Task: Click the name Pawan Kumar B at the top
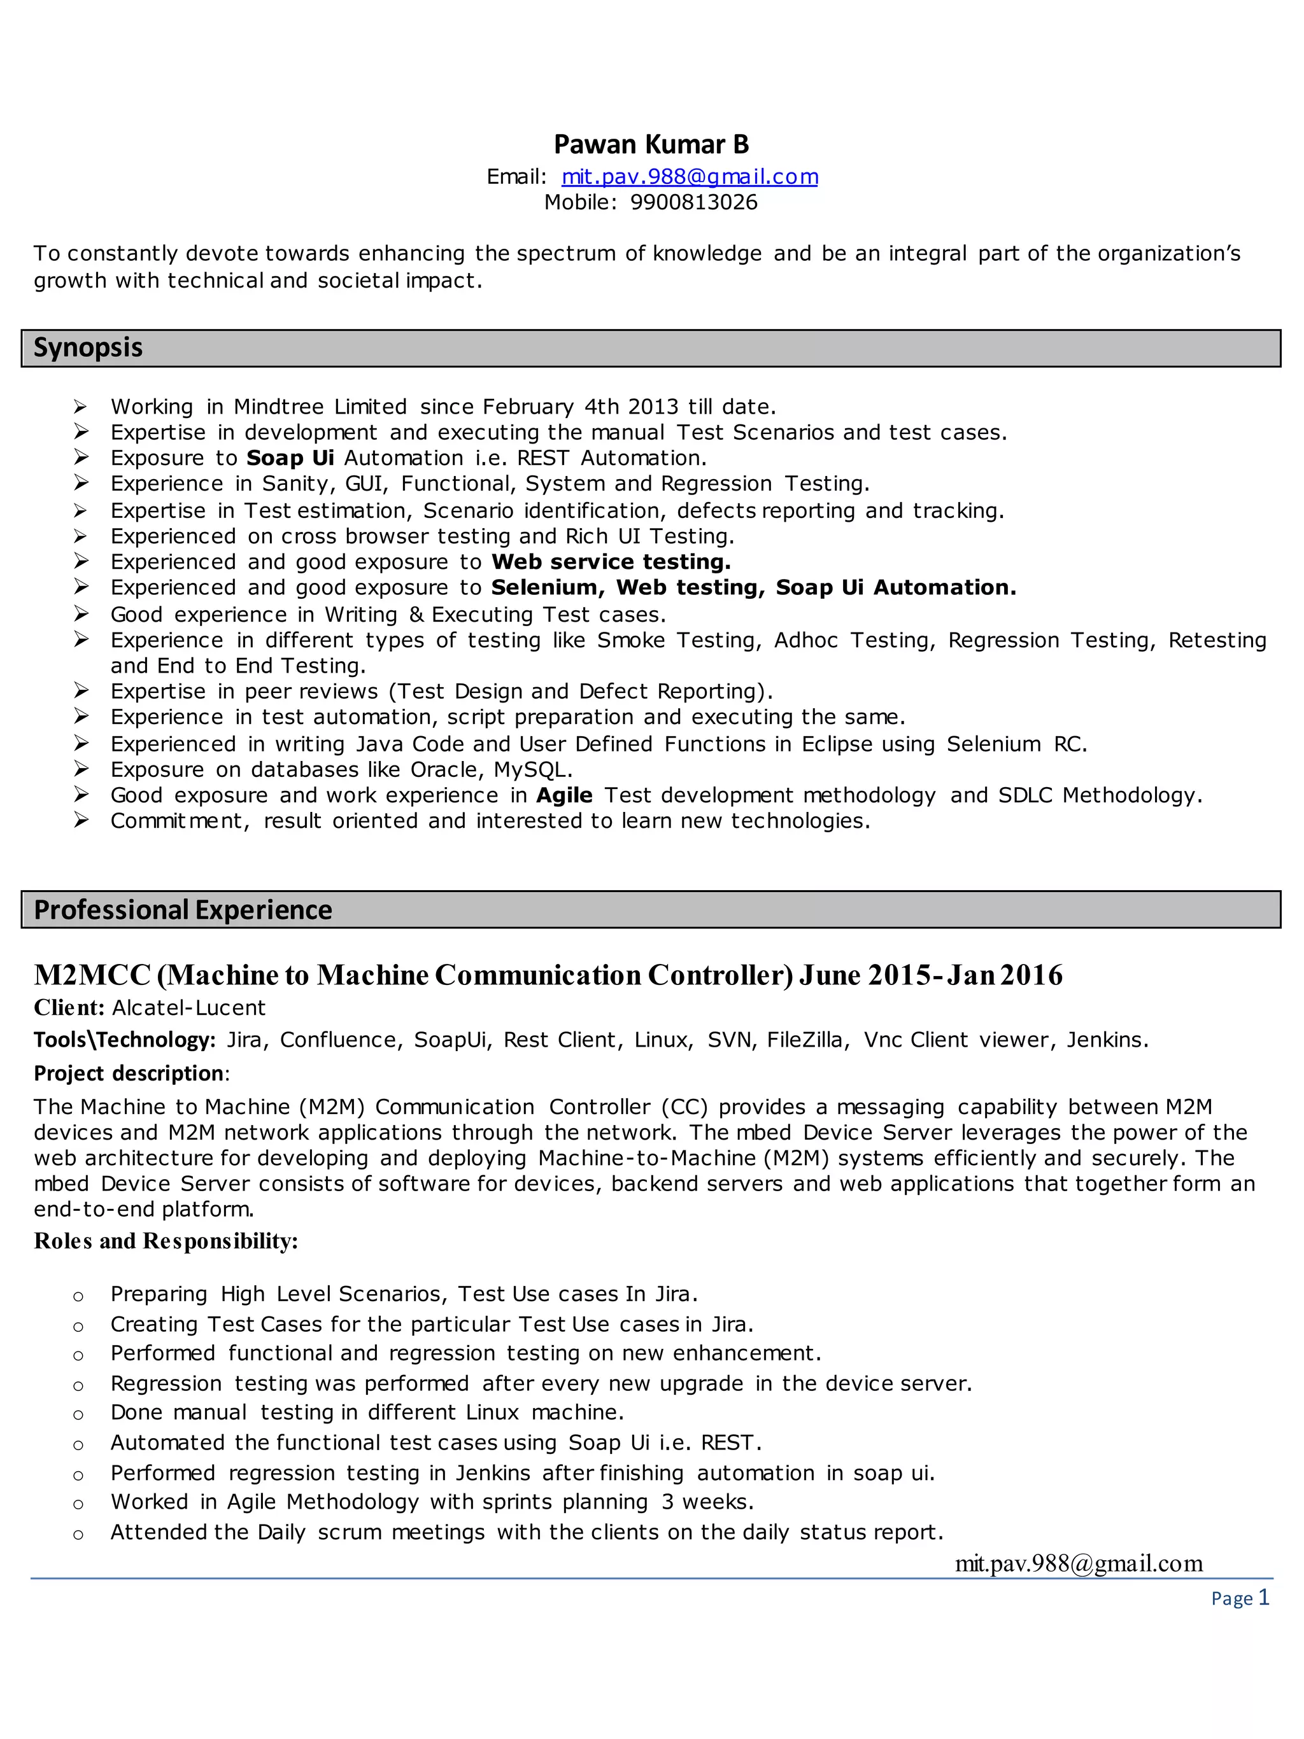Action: pos(651,144)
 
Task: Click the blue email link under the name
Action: pos(690,177)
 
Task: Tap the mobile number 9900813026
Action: pos(693,203)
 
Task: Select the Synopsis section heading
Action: pos(88,347)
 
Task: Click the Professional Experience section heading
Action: pos(183,910)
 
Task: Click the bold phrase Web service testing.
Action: pos(611,562)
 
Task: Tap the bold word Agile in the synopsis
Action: pos(564,795)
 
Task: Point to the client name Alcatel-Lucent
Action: pos(188,1008)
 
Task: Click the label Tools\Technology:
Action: pos(124,1040)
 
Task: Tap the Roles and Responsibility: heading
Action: pos(166,1241)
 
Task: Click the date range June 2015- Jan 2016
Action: pos(930,975)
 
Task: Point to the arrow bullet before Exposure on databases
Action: pos(80,770)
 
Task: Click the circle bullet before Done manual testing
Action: pos(78,1414)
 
